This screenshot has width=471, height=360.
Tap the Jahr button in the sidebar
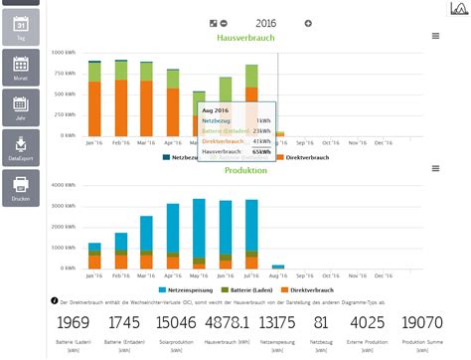coord(19,105)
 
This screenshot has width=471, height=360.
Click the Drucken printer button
coord(19,187)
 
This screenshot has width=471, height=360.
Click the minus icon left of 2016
coord(224,23)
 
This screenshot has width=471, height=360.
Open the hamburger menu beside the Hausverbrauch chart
coord(435,36)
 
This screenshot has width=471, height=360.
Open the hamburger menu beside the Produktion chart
coord(435,169)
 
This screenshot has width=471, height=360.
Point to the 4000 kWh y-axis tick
coord(61,185)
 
